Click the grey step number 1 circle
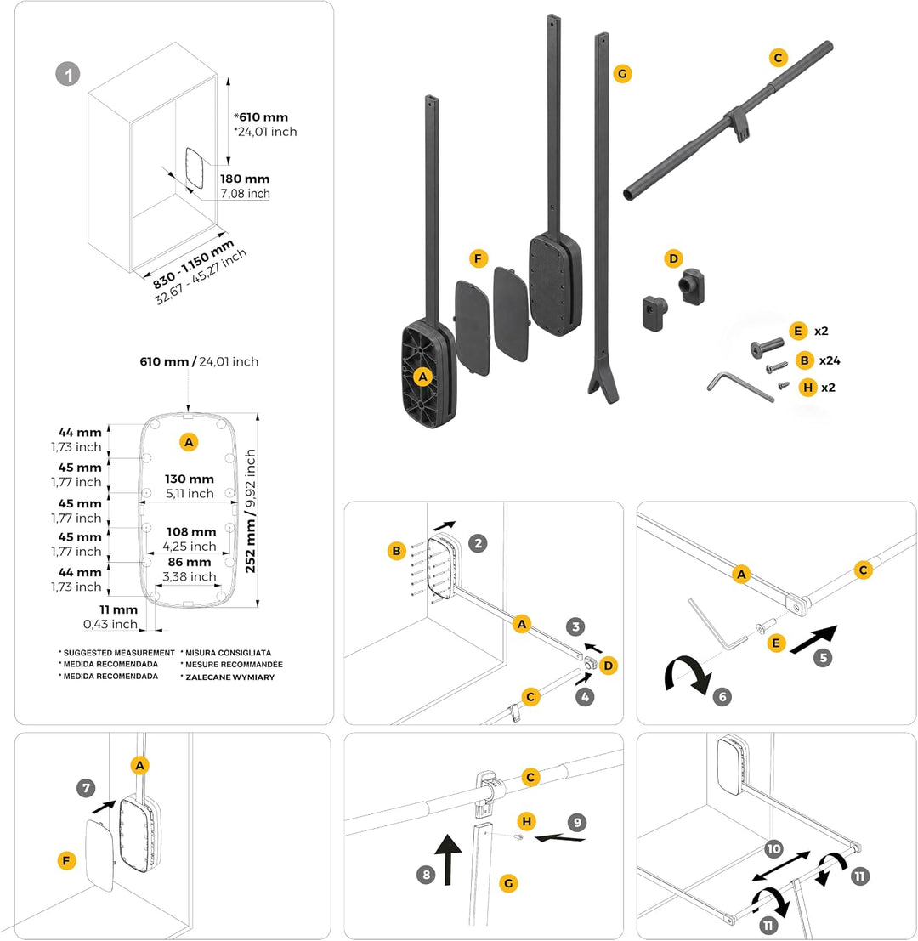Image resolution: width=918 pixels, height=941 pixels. [x=68, y=75]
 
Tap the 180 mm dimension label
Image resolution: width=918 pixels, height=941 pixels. [x=245, y=179]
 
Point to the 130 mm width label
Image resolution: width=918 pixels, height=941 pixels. [x=189, y=479]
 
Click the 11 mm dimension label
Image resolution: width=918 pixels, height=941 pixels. [x=118, y=609]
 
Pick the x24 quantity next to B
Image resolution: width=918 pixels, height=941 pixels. [x=830, y=360]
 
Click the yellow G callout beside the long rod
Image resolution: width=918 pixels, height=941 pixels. [x=622, y=74]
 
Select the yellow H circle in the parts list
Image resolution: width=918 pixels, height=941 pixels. [x=808, y=388]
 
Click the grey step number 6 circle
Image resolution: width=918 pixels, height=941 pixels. [x=722, y=697]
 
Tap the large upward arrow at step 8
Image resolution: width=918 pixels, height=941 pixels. [x=448, y=859]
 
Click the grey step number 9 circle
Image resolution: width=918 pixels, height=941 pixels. [x=577, y=822]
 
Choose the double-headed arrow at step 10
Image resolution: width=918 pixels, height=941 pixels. [x=780, y=866]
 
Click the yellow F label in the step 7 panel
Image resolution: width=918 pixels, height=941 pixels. [x=66, y=861]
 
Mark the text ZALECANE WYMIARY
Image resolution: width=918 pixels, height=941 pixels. [x=229, y=677]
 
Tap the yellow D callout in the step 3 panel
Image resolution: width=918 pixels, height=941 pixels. [x=609, y=666]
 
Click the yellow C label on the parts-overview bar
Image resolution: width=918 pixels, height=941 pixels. [x=779, y=58]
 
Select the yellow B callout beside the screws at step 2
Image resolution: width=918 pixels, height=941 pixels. [x=397, y=551]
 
